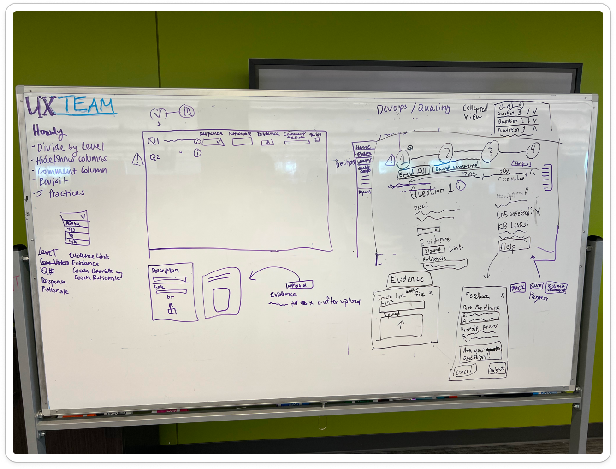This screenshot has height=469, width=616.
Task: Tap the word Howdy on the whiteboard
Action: click(x=47, y=132)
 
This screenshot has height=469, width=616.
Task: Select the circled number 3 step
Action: click(x=490, y=151)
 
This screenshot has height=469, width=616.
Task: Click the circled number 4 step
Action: click(x=532, y=150)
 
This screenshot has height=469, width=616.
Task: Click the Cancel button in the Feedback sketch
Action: click(x=464, y=371)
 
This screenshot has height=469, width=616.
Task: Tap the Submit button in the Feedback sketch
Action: click(x=497, y=369)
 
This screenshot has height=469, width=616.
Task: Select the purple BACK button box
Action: click(x=518, y=288)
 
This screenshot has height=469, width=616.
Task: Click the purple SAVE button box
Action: click(x=536, y=287)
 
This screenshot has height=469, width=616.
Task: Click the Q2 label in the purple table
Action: click(x=154, y=157)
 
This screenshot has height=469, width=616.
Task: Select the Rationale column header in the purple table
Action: click(x=240, y=134)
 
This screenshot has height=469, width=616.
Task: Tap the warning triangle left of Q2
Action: click(x=137, y=160)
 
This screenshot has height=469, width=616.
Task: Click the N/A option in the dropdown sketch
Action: click(x=72, y=241)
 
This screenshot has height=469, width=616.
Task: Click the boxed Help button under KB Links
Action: click(x=514, y=245)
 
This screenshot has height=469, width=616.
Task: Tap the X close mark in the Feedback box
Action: click(x=502, y=295)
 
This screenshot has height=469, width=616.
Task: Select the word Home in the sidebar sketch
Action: click(x=363, y=148)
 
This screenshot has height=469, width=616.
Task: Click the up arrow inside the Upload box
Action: click(x=401, y=325)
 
